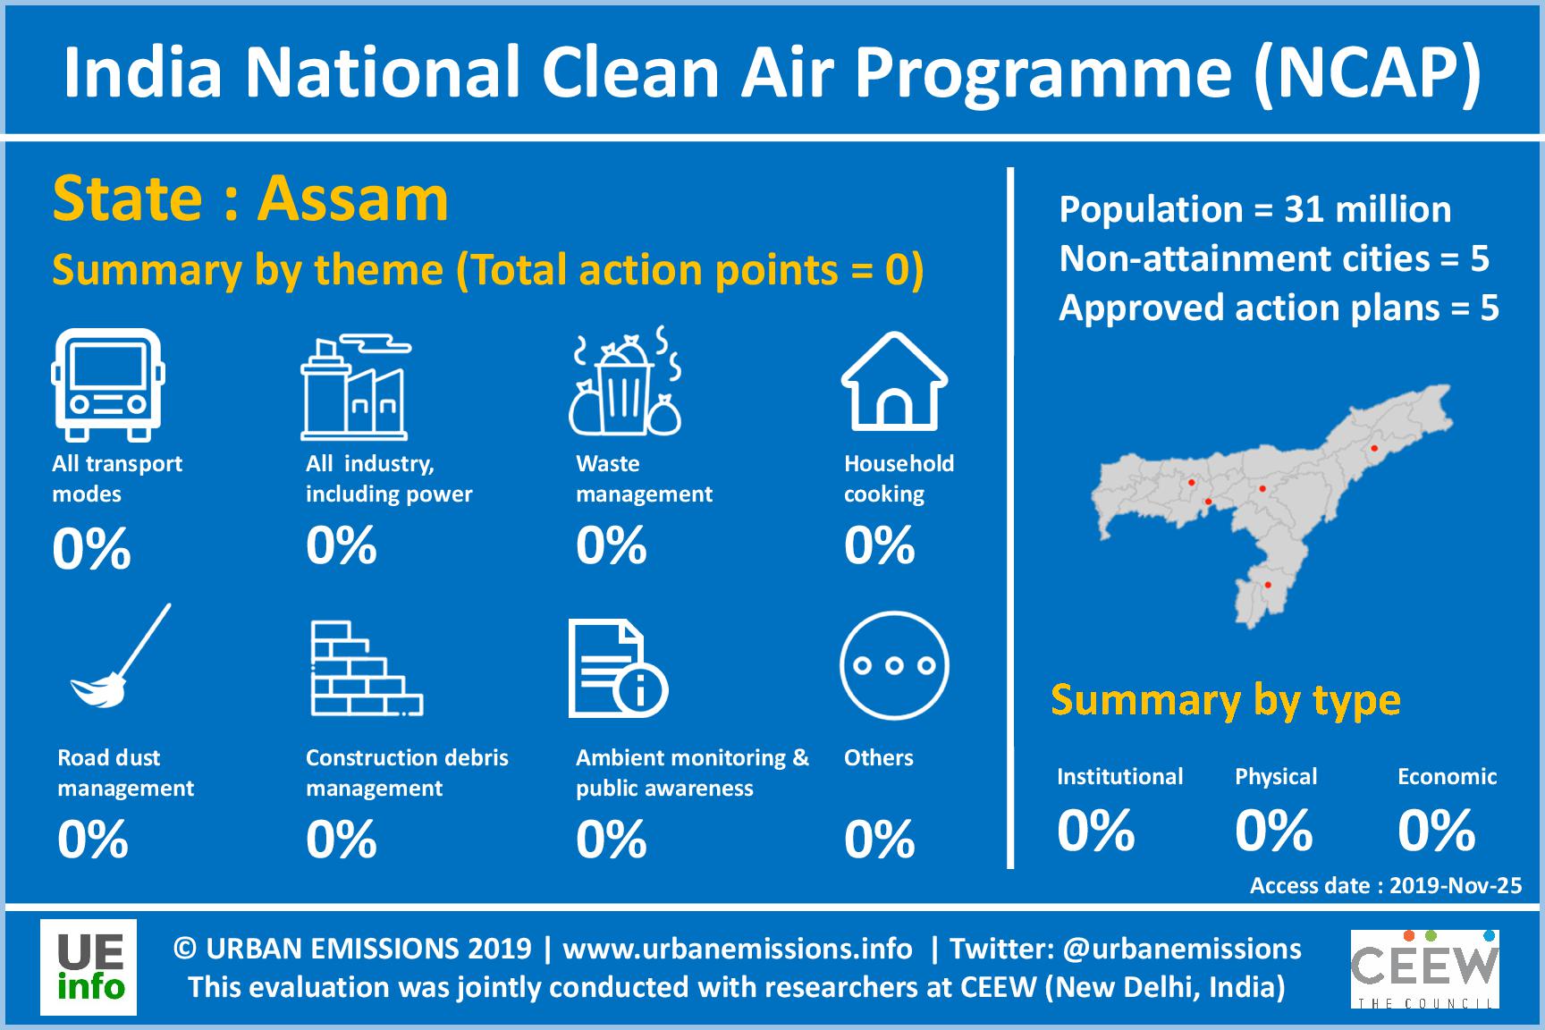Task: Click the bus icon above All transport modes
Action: (108, 384)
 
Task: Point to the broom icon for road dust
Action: (121, 657)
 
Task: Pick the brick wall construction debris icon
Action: (366, 669)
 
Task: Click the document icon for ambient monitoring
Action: (617, 669)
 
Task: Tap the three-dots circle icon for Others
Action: (893, 665)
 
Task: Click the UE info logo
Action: (89, 967)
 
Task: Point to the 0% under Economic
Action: (1436, 830)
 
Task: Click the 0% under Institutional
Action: (1095, 830)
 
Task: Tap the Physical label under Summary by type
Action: (1275, 776)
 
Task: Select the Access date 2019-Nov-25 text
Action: (1385, 885)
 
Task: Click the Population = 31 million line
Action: (1254, 209)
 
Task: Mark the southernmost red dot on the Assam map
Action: (1268, 585)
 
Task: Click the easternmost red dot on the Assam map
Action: (1374, 448)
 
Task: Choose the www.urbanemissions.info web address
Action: (737, 948)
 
